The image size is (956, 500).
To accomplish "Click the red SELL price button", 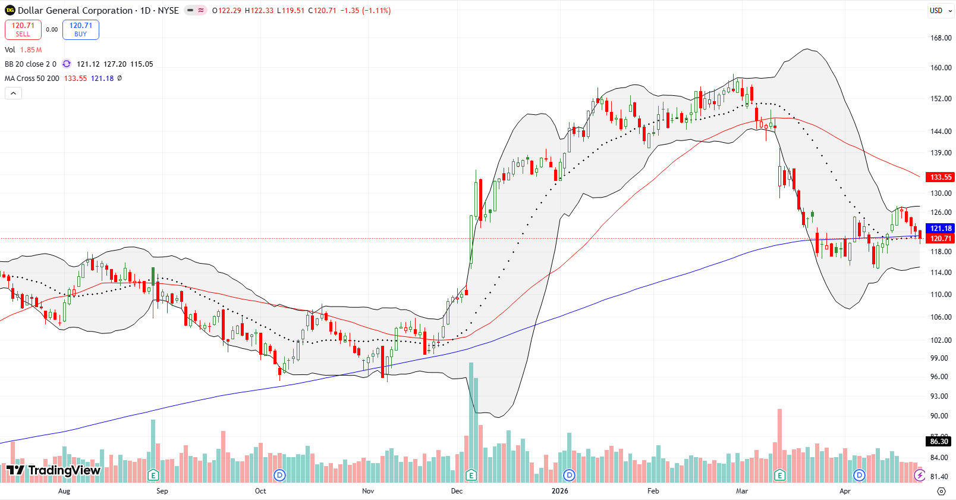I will tap(23, 30).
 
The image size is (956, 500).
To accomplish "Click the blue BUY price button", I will tap(80, 30).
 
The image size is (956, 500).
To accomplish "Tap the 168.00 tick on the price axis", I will tap(941, 38).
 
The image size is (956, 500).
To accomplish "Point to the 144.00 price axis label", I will tap(941, 132).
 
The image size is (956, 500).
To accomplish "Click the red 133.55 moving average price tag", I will tap(941, 177).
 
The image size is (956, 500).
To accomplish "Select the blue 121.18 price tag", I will tap(941, 229).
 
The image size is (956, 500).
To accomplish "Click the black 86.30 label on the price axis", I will tap(939, 442).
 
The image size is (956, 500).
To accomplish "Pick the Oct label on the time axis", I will tap(260, 491).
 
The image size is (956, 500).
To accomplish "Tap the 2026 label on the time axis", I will tap(559, 491).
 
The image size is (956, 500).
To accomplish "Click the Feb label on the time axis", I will tap(653, 491).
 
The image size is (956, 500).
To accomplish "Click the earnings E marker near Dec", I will tap(471, 475).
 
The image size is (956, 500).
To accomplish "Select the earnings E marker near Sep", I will tap(153, 475).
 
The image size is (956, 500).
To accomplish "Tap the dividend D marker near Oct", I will tap(279, 475).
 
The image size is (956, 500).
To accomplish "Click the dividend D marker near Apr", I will tap(859, 475).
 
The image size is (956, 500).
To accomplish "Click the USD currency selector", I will tap(939, 11).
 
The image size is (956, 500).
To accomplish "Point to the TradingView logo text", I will tap(64, 471).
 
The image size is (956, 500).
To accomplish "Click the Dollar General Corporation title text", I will tap(75, 11).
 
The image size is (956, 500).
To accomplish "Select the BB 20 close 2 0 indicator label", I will tap(30, 64).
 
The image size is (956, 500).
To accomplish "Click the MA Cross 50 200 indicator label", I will tap(32, 79).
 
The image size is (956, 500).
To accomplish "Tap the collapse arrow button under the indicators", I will tap(13, 93).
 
